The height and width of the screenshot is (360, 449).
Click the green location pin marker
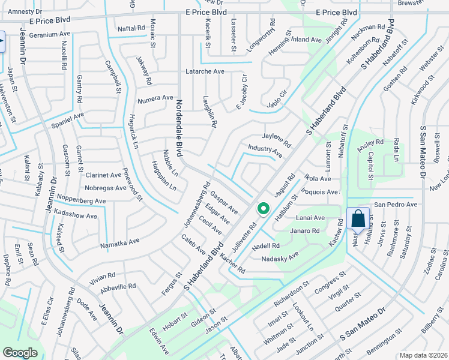(x=262, y=209)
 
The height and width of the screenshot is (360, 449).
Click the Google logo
(x=20, y=353)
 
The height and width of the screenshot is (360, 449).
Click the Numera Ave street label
(x=155, y=98)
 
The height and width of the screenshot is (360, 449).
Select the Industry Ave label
(x=265, y=151)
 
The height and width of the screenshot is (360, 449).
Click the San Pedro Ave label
(x=396, y=205)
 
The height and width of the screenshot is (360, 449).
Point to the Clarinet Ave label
(x=103, y=175)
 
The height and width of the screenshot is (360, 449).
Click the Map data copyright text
(x=424, y=355)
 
